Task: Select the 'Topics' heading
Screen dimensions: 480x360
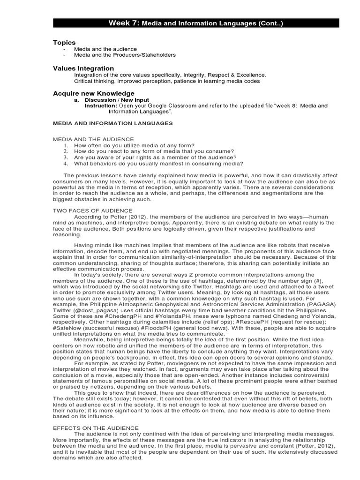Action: (x=64, y=43)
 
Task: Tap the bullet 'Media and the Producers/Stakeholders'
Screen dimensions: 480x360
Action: (x=125, y=55)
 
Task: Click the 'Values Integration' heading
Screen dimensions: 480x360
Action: (x=83, y=68)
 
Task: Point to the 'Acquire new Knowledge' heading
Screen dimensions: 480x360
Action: (x=94, y=93)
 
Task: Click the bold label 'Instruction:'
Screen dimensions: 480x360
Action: (x=101, y=106)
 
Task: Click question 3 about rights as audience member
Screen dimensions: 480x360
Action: (x=155, y=157)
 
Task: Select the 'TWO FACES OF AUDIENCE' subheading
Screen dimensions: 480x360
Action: (x=93, y=211)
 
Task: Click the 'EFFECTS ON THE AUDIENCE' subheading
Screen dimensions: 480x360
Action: (x=96, y=427)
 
